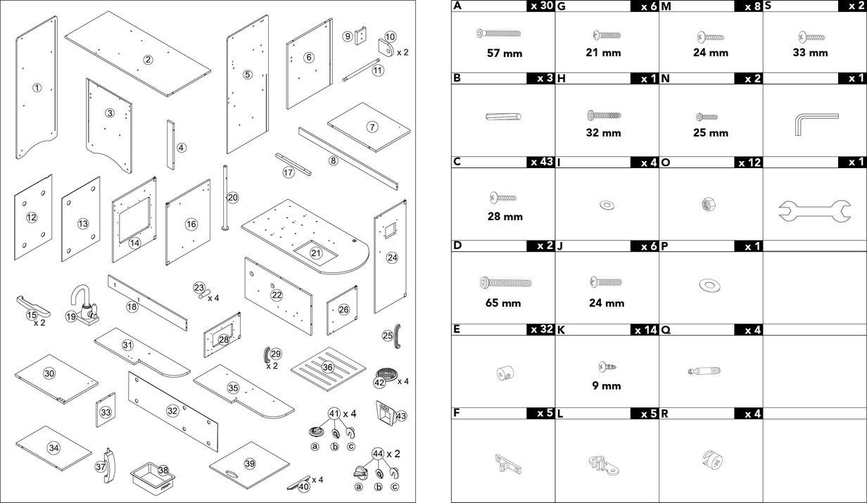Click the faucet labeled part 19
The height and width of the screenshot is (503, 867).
pos(83,304)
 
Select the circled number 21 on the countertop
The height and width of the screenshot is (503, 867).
pos(316,253)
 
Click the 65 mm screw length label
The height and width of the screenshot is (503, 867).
pos(502,303)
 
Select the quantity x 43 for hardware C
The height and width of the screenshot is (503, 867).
pos(540,163)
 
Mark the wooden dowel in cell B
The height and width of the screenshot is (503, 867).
pos(502,117)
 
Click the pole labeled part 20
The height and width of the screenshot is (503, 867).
pos(226,197)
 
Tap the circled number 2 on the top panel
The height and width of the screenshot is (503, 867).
pos(148,60)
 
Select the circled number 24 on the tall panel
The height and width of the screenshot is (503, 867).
pos(392,258)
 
